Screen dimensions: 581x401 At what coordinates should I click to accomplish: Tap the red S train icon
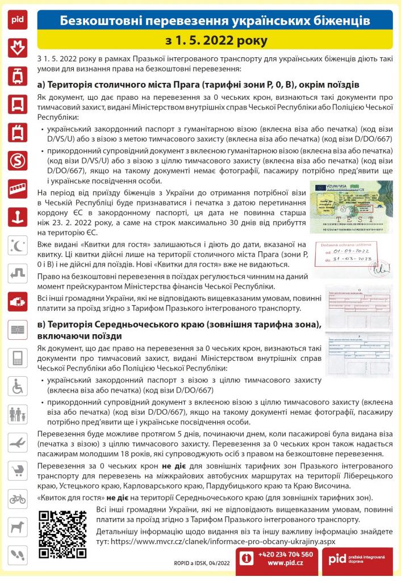(x=18, y=160)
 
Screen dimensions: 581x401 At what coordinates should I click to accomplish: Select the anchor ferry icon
(x=18, y=216)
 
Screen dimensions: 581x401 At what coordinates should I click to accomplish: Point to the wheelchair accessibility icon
(x=18, y=386)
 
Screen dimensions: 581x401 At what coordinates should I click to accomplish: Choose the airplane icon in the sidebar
(x=18, y=443)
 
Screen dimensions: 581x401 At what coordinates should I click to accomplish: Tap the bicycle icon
(x=18, y=499)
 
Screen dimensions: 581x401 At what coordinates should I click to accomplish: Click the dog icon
(x=18, y=527)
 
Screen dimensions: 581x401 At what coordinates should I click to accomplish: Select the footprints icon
(x=18, y=555)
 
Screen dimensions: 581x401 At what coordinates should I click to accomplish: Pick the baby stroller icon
(x=18, y=470)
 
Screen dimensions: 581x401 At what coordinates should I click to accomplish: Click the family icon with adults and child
(x=18, y=414)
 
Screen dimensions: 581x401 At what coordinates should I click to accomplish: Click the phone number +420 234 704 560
(x=285, y=554)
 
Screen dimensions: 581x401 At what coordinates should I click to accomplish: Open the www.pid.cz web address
(x=285, y=563)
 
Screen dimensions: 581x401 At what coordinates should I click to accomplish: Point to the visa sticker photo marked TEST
(x=351, y=207)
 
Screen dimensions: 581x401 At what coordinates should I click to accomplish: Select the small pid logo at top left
(x=18, y=19)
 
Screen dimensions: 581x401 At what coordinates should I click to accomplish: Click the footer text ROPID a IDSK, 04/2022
(x=202, y=562)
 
